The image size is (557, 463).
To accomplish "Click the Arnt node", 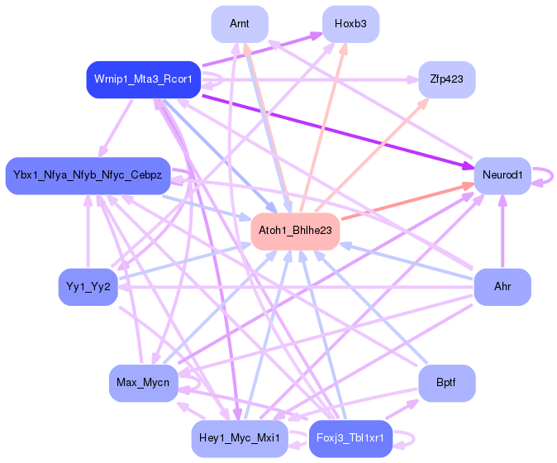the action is pyautogui.click(x=240, y=24).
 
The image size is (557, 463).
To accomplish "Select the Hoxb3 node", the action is pyautogui.click(x=350, y=24).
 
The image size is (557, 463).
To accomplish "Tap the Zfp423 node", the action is pyautogui.click(x=447, y=79).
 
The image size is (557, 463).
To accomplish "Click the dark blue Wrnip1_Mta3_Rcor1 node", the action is pyautogui.click(x=144, y=79).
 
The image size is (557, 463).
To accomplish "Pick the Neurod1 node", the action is pyautogui.click(x=502, y=175).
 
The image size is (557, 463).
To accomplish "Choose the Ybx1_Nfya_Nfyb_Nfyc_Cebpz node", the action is pyautogui.click(x=88, y=175).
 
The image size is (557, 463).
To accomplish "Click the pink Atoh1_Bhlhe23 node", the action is pyautogui.click(x=295, y=231).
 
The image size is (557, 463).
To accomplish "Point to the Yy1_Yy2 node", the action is pyautogui.click(x=88, y=287).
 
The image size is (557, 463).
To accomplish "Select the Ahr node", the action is pyautogui.click(x=502, y=287).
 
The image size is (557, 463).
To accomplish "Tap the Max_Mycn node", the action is pyautogui.click(x=143, y=383).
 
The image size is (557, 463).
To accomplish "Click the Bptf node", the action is pyautogui.click(x=447, y=383).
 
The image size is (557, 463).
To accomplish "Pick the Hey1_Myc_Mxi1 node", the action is pyautogui.click(x=240, y=438).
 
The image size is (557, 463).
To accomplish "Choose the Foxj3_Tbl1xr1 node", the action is pyautogui.click(x=350, y=438).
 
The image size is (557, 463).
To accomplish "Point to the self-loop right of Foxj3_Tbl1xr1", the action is pyautogui.click(x=413, y=439).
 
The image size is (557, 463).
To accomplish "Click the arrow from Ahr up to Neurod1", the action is pyautogui.click(x=502, y=231).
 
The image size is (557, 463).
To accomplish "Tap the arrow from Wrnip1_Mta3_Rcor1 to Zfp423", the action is pyautogui.click(x=310, y=79).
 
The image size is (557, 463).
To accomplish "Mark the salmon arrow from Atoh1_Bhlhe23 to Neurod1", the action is pyautogui.click(x=407, y=202).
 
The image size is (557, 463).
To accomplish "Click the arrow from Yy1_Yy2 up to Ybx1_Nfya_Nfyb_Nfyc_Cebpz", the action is pyautogui.click(x=88, y=231).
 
